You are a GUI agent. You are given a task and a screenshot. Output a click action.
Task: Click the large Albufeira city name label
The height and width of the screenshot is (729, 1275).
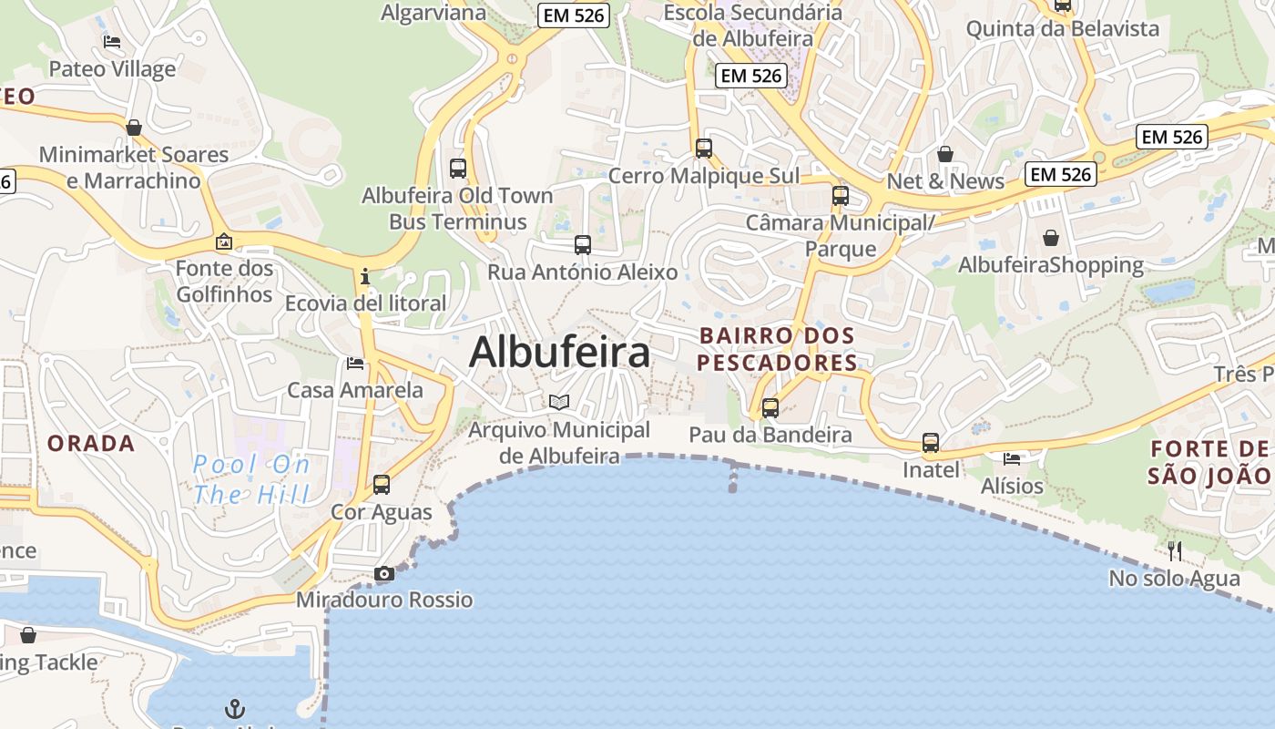point(559,352)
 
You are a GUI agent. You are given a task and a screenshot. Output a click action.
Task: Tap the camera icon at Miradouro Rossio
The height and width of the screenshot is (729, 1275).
point(384,573)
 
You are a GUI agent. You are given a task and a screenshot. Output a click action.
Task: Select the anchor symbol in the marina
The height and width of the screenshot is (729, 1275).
point(235,707)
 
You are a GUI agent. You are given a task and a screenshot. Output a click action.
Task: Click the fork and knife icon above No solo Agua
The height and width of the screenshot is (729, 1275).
point(1175,550)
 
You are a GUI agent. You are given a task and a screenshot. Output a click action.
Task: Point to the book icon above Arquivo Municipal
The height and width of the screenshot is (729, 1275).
point(559,402)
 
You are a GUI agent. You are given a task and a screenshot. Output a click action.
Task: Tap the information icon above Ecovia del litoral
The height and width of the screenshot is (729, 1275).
point(365,275)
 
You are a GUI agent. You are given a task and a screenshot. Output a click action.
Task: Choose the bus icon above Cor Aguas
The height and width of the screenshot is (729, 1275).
point(382,484)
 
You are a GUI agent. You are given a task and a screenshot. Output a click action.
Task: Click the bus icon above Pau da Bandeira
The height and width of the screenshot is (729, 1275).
point(770,407)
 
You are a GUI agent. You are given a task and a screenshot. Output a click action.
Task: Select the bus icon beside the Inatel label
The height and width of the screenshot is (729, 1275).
point(931,443)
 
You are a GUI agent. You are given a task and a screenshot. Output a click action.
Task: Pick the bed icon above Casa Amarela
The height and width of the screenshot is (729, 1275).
point(355,364)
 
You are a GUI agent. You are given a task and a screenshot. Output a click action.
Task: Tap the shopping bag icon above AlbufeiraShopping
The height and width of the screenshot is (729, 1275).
point(1051,238)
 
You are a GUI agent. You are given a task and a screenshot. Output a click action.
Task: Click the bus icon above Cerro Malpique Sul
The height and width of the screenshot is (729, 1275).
point(704,148)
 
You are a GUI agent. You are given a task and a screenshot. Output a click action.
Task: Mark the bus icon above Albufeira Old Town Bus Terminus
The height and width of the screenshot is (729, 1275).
point(458,168)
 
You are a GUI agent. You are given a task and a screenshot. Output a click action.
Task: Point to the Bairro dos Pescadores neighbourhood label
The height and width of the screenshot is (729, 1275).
point(778,349)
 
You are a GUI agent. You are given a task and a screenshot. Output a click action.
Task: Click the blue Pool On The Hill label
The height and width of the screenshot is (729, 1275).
point(251,479)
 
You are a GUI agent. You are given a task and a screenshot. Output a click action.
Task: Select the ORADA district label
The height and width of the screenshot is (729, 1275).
point(91,444)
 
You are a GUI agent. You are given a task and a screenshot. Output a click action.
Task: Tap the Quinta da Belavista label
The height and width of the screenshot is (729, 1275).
point(1063,28)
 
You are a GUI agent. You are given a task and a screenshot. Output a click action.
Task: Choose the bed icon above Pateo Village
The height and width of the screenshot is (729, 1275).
point(112,42)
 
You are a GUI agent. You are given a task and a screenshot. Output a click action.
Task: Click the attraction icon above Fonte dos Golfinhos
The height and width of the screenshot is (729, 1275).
point(224,241)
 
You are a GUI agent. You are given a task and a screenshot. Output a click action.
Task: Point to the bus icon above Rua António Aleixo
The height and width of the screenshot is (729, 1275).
point(583,244)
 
